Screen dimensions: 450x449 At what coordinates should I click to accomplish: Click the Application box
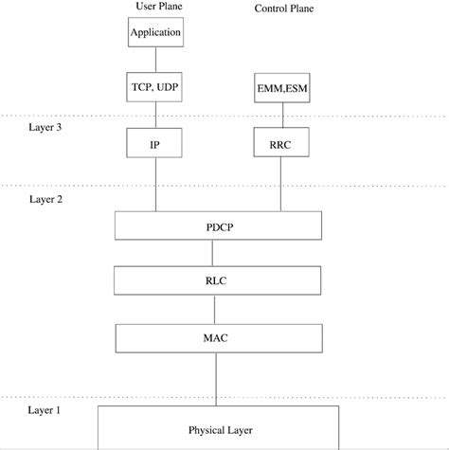point(153,33)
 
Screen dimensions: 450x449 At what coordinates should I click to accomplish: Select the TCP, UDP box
point(153,87)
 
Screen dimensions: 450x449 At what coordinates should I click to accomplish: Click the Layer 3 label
point(45,128)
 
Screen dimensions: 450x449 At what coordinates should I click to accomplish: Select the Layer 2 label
point(45,200)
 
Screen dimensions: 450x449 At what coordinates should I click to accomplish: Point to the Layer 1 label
point(45,409)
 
